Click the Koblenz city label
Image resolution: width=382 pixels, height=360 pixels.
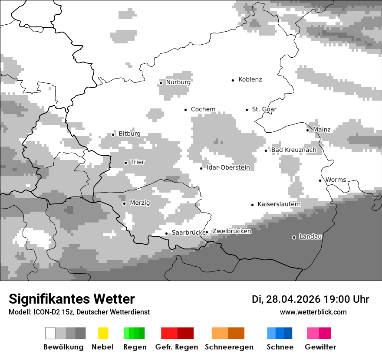(x=250, y=80)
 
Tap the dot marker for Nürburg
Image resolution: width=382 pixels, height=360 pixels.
(x=161, y=83)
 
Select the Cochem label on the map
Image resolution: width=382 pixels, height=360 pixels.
(x=203, y=109)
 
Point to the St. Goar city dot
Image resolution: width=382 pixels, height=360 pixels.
(x=247, y=110)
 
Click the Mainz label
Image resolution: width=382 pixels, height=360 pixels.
(x=322, y=130)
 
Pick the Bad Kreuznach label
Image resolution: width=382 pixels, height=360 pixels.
(x=294, y=150)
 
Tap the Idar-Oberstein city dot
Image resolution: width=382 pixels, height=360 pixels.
(x=201, y=168)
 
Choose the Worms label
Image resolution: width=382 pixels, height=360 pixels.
(x=336, y=180)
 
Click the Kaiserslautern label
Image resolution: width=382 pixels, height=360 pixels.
(x=279, y=204)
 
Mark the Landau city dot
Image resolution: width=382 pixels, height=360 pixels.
(x=294, y=237)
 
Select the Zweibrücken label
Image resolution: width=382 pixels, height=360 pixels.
(x=231, y=232)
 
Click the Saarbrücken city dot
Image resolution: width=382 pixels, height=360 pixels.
(x=166, y=233)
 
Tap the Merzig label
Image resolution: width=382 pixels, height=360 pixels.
(x=140, y=203)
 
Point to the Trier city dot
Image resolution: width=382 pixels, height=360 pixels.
(x=125, y=163)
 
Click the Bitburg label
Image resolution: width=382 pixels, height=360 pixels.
(x=129, y=134)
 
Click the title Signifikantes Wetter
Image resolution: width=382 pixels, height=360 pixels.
(x=72, y=299)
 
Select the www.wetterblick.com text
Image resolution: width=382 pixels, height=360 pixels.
(x=313, y=312)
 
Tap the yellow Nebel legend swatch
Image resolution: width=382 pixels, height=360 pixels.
(x=103, y=333)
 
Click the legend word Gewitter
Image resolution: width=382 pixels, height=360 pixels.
(x=320, y=347)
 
